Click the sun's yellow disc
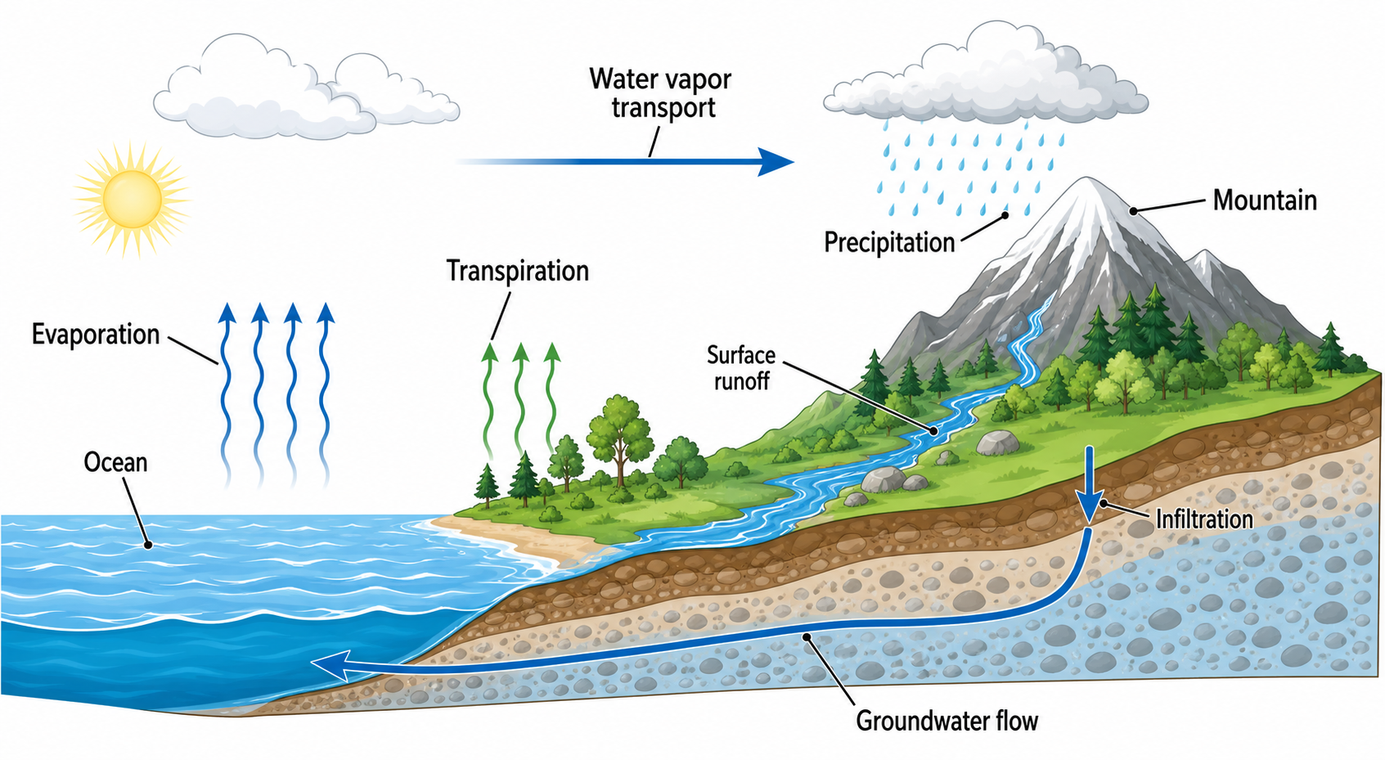[133, 199]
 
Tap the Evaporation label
[96, 335]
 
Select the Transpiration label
[518, 272]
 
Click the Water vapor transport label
[660, 92]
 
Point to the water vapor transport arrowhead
[776, 162]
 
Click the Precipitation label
[890, 242]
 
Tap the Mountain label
[1265, 200]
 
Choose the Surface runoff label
[740, 368]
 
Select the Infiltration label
[1204, 519]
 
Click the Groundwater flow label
[947, 721]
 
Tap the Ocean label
[115, 462]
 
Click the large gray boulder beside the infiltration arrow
[997, 443]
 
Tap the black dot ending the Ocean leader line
[148, 546]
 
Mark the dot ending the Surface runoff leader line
[933, 431]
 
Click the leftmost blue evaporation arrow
[227, 396]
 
